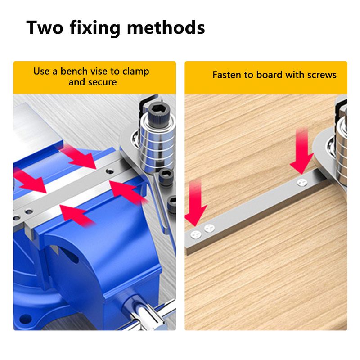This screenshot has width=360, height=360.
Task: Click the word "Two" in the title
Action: click(45, 27)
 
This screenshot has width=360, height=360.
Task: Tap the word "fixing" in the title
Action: click(95, 28)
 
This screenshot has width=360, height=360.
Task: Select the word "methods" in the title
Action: click(166, 27)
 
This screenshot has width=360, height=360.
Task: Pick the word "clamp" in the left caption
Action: click(136, 72)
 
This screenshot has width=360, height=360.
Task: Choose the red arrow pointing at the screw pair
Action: click(196, 202)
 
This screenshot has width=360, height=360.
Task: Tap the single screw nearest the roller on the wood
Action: click(302, 183)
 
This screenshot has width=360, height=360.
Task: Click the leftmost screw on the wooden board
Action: click(196, 234)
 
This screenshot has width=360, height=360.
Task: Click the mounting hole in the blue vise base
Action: click(26, 319)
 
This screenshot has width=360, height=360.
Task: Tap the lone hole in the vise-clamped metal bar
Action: click(109, 171)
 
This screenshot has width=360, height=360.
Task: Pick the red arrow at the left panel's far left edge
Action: click(29, 180)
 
